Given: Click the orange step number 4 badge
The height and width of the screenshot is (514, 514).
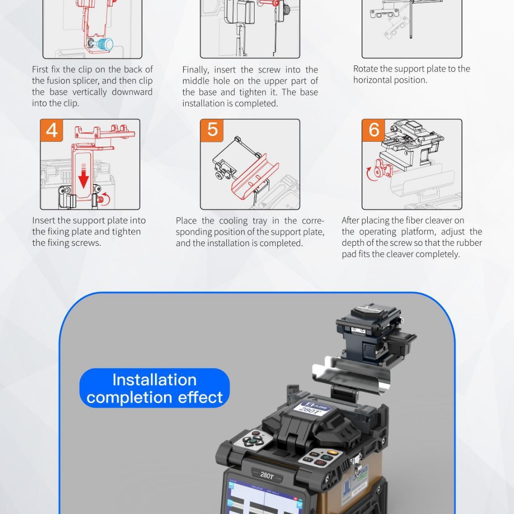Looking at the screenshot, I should tap(51, 130).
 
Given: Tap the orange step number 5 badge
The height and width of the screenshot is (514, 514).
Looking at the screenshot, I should tap(212, 130).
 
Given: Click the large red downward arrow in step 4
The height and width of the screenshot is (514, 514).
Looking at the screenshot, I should tap(83, 177).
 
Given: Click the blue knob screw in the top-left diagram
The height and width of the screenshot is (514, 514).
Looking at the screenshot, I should tap(106, 44).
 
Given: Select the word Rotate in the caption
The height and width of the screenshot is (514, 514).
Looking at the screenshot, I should tap(365, 69).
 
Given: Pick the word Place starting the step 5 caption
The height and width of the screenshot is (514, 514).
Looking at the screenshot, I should tap(186, 221).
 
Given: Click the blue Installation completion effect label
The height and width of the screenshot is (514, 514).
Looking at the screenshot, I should tap(155, 388).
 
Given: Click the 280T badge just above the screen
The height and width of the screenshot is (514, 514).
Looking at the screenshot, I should tap(267, 475).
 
